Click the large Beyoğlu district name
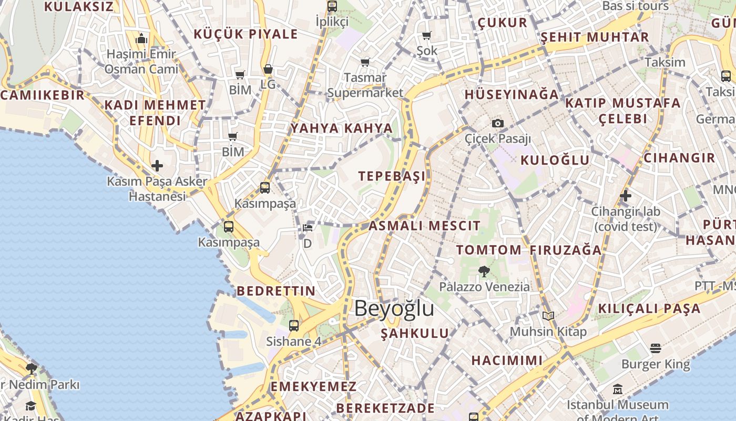pos(394,308)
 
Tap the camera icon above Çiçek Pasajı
pos(497,124)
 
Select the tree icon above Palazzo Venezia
pos(484,272)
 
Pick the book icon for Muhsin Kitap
pos(548,316)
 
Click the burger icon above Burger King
pos(655,348)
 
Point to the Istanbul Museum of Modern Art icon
pos(618,390)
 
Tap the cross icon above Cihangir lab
pos(625,196)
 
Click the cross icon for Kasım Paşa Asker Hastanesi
pos(157,166)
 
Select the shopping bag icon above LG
pos(268,69)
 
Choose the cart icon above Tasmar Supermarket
pos(365,62)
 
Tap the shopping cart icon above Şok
pos(427,36)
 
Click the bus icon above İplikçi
pos(332,6)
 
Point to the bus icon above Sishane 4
pos(294,326)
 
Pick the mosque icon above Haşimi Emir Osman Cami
pos(141,39)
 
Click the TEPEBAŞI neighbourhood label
pos(392,176)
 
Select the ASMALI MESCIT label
pos(424,226)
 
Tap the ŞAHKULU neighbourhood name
pos(415,333)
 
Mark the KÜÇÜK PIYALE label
pos(246,35)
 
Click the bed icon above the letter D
pos(308,228)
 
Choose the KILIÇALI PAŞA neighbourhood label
pos(650,308)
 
